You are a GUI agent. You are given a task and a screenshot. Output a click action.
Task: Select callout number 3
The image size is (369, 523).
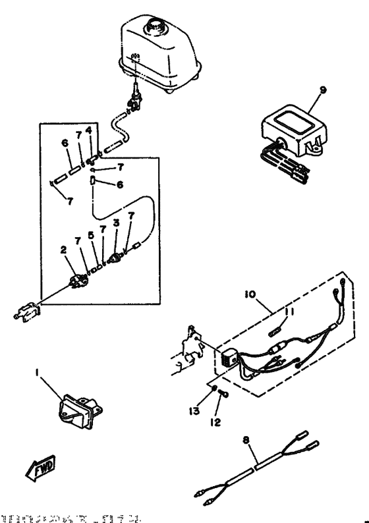(x=116, y=223)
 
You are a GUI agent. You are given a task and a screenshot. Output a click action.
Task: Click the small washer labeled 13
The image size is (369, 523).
(x=215, y=390)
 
